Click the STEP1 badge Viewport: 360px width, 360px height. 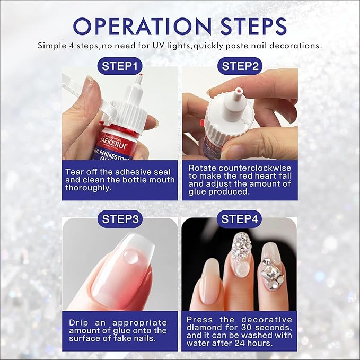point(120,66)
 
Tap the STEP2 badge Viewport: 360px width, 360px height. point(240,66)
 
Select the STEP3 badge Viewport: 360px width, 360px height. point(120,219)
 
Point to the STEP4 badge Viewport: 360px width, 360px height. point(240,219)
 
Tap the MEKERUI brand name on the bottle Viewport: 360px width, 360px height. point(112,141)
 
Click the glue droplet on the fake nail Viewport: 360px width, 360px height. point(130,256)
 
